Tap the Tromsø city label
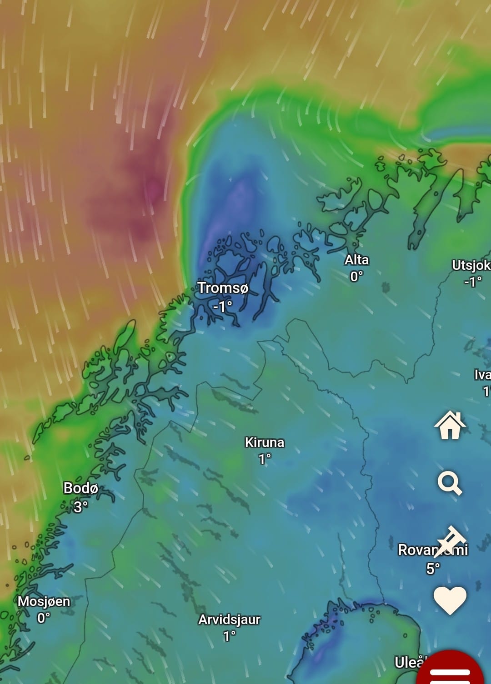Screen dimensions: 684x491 pos(223,288)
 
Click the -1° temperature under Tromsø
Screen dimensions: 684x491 pos(222,307)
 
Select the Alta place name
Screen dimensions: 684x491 pos(356,260)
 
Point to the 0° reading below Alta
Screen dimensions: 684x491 pos(356,276)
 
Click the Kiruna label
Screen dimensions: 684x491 pos(265,442)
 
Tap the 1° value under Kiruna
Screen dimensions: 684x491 pos(265,459)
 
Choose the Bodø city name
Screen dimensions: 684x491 pos(80,488)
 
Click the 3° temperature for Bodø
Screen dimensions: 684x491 pos(80,506)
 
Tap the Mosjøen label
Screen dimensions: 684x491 pos(44,601)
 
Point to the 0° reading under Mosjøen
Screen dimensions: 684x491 pos(44,618)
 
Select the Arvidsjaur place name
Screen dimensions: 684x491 pos(229,620)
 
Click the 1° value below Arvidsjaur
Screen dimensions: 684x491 pos(229,636)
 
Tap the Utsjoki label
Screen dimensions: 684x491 pos(471,265)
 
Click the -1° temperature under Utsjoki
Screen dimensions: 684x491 pos(472,282)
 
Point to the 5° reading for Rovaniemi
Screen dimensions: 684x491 pos(433,568)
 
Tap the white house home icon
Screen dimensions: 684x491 pos(450,426)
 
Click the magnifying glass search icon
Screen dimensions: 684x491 pos(450,483)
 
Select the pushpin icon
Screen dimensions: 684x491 pos(451,540)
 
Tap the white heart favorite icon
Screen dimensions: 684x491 pos(450,600)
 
